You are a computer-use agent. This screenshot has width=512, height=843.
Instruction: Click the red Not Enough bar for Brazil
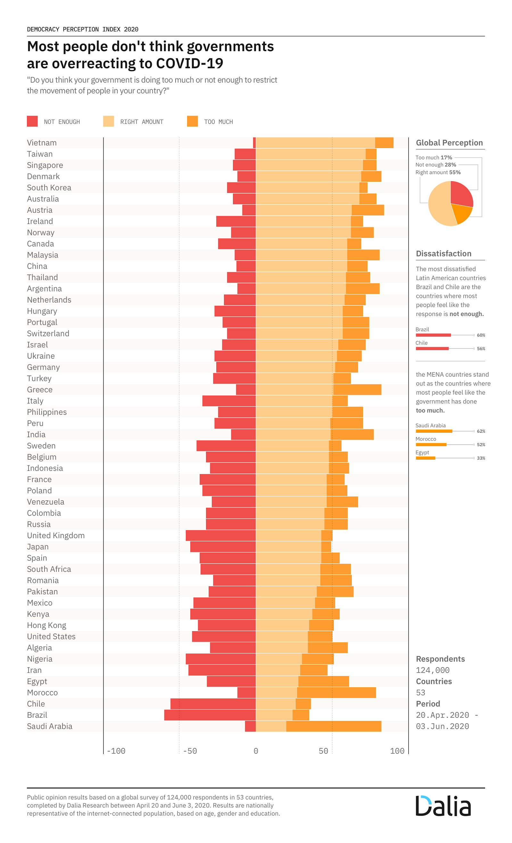210,715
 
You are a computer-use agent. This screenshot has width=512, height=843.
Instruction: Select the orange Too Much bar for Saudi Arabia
334,726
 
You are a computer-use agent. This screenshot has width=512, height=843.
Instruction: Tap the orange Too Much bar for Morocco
336,692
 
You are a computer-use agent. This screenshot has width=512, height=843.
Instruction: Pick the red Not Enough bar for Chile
213,704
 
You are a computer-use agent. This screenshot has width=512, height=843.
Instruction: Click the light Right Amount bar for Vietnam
315,143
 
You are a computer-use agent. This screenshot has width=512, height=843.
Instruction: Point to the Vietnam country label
42,143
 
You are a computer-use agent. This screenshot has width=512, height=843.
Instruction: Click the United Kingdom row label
56,535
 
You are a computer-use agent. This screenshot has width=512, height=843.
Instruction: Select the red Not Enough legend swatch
32,121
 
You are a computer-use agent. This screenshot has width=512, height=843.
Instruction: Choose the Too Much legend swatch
193,121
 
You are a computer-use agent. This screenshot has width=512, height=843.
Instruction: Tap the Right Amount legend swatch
108,121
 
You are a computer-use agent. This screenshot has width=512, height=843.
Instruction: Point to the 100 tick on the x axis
397,751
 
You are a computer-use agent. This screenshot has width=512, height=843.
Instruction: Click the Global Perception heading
449,143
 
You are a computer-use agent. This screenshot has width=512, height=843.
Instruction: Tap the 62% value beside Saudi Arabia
481,431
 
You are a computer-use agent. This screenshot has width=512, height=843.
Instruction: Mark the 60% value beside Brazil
481,335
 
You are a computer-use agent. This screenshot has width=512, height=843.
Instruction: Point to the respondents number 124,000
433,670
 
